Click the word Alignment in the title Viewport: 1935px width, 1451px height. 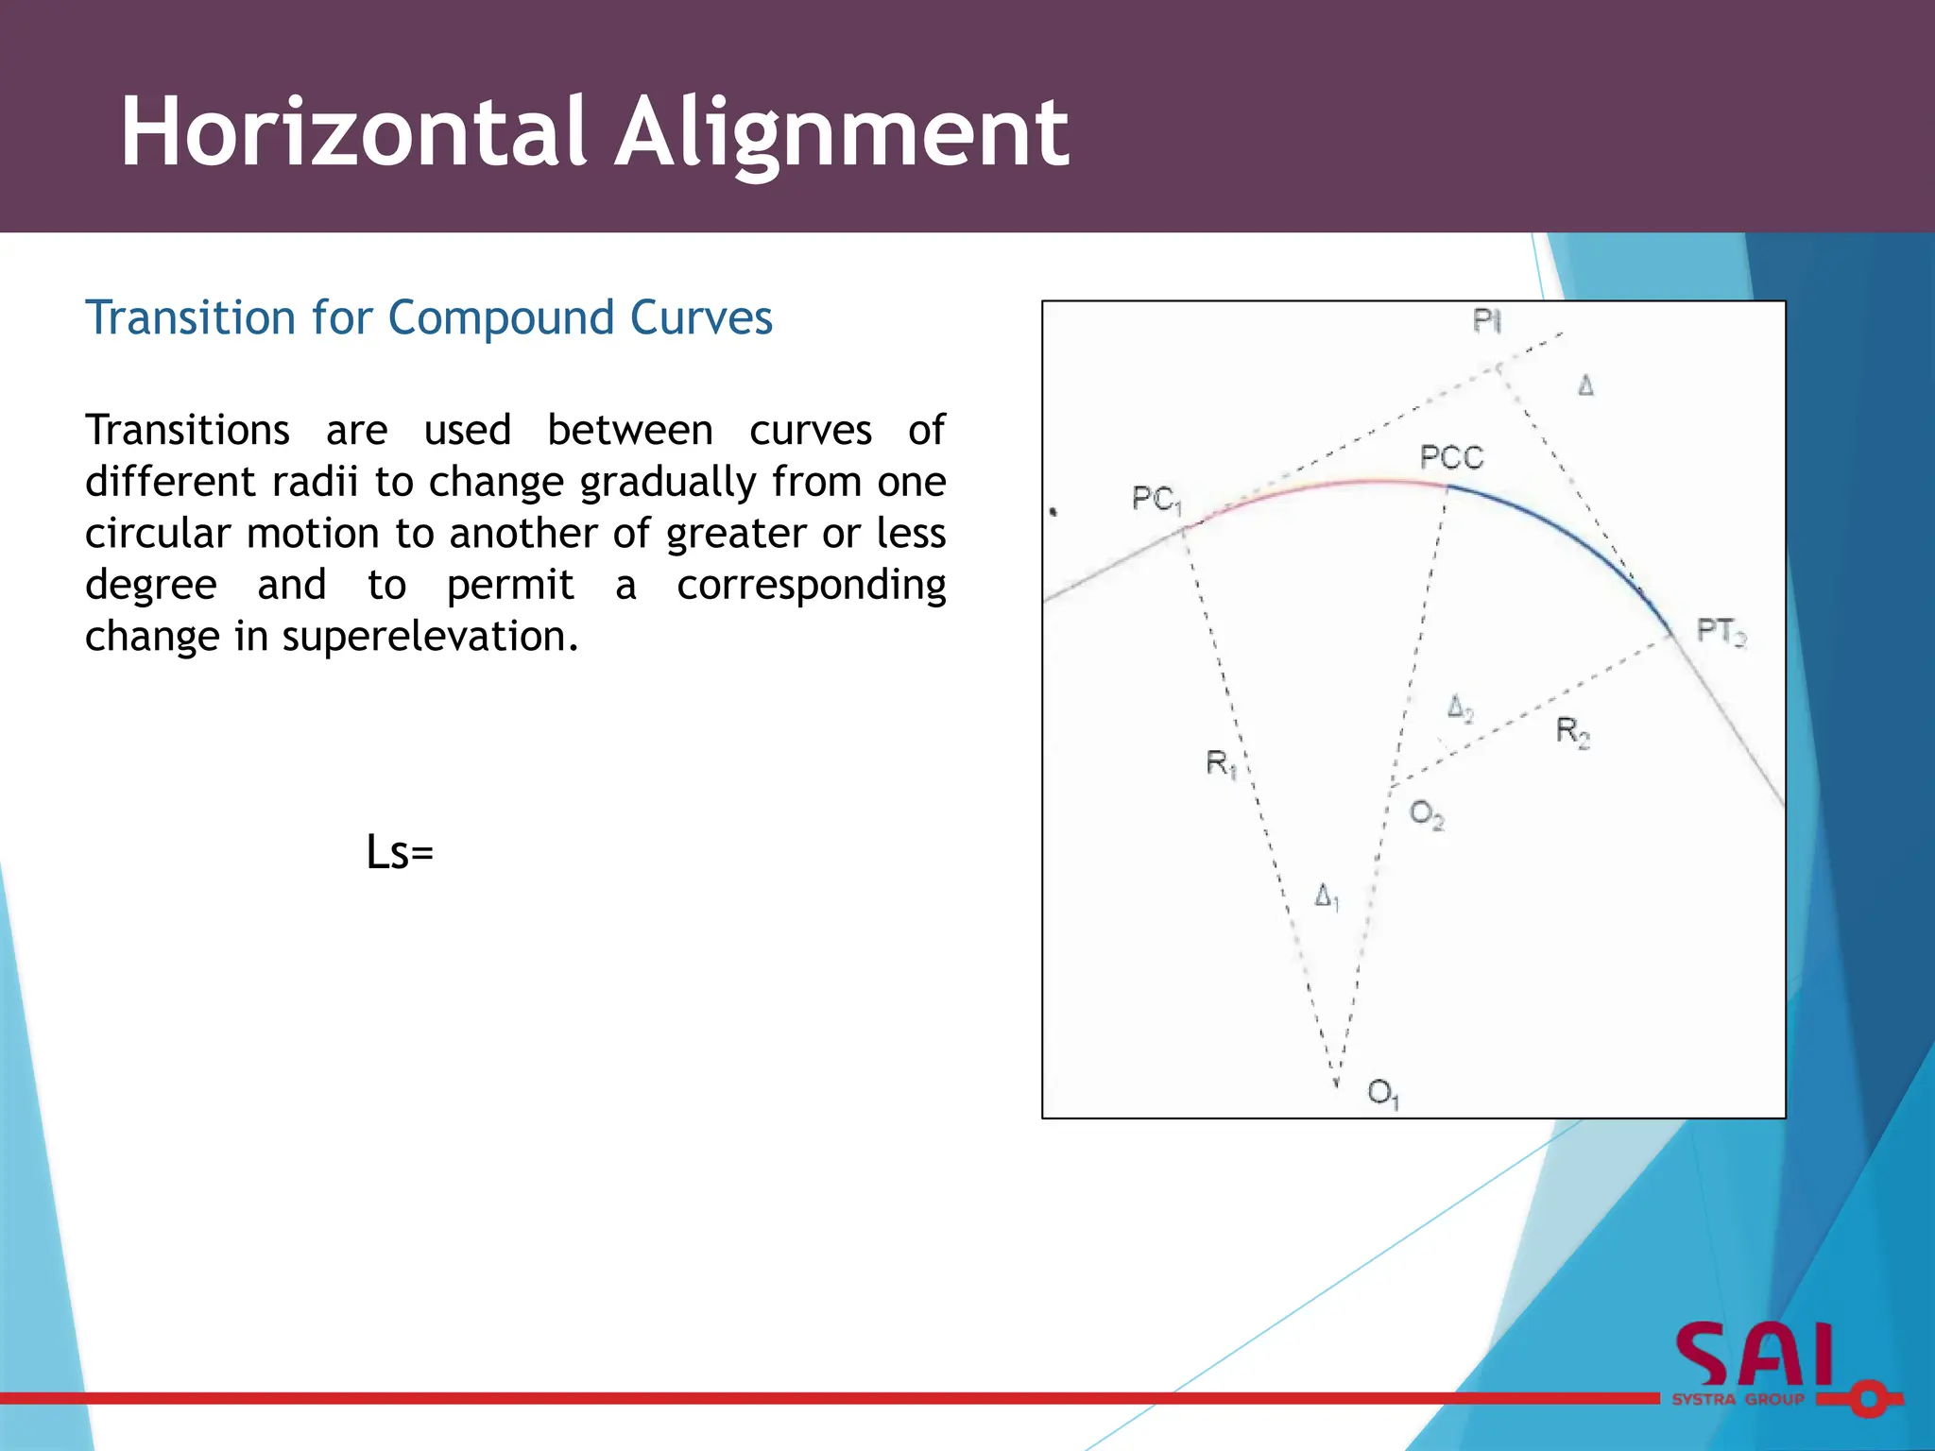click(x=842, y=134)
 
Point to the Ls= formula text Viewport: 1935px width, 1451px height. click(x=400, y=852)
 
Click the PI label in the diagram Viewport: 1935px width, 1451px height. click(x=1486, y=322)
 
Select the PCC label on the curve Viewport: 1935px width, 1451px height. click(x=1451, y=458)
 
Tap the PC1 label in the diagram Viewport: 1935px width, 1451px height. click(x=1156, y=499)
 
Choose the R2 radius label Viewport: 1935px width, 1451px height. click(x=1573, y=731)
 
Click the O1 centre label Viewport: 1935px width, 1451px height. click(x=1383, y=1094)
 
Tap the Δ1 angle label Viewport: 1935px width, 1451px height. click(x=1327, y=896)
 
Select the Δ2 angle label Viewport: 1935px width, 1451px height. click(x=1460, y=708)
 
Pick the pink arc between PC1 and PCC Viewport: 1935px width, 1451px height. click(x=1323, y=486)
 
